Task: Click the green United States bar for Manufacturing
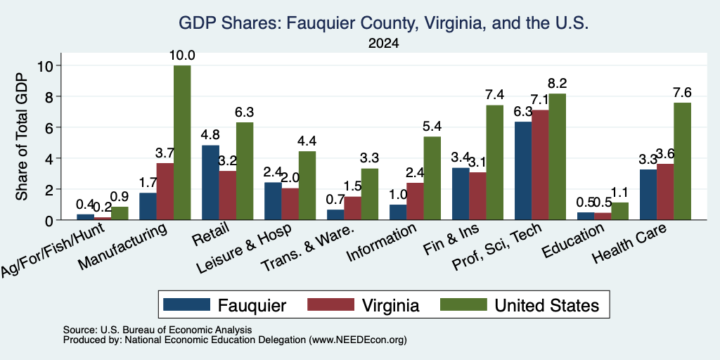click(x=182, y=143)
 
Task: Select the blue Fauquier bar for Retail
click(x=210, y=183)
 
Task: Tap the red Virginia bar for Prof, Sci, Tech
click(x=540, y=165)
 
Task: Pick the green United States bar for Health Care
click(x=682, y=161)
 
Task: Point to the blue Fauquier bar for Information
click(x=398, y=212)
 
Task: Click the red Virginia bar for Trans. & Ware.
click(x=353, y=208)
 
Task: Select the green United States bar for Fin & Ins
click(x=494, y=162)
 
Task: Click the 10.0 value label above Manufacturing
click(x=182, y=56)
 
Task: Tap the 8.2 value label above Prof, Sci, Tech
click(x=557, y=84)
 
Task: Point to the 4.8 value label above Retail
click(x=210, y=135)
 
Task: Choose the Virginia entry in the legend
click(x=364, y=305)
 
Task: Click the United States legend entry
click(x=520, y=305)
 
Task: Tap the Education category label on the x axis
click(x=573, y=242)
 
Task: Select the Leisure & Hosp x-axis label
click(x=244, y=250)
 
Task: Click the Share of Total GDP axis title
click(x=22, y=136)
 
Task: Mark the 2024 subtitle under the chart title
click(x=383, y=44)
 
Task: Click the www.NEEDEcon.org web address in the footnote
click(x=358, y=340)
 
